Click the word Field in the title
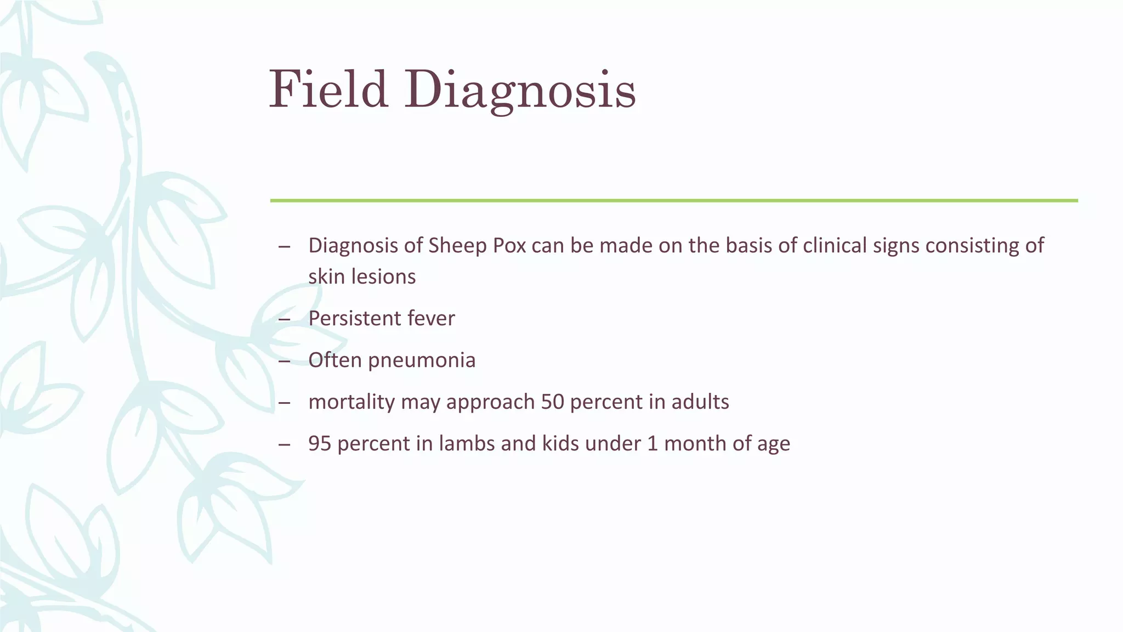coord(328,89)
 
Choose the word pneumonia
coord(421,360)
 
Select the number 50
coord(552,402)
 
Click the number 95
coord(320,444)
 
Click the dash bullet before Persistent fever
coord(284,319)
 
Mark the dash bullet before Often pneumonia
coord(284,361)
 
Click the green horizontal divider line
coord(673,201)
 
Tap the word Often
coord(335,360)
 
